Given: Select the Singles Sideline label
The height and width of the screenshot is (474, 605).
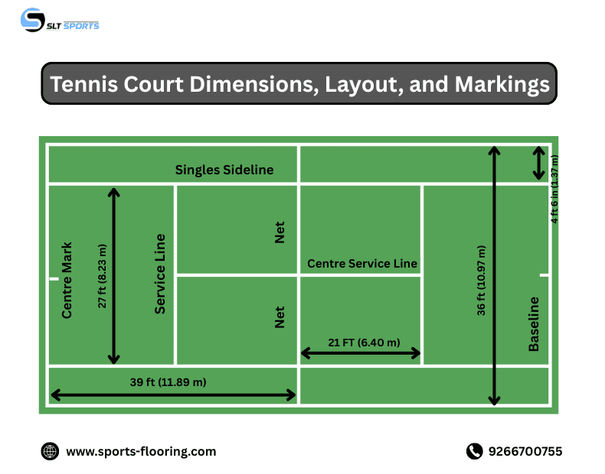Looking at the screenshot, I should pyautogui.click(x=224, y=170).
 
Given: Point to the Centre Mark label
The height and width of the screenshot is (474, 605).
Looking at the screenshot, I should pyautogui.click(x=67, y=281).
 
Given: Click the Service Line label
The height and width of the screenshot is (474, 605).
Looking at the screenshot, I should pyautogui.click(x=160, y=274).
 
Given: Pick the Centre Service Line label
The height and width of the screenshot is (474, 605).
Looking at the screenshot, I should pyautogui.click(x=362, y=264).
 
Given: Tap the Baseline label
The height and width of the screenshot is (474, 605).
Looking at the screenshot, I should pyautogui.click(x=534, y=324).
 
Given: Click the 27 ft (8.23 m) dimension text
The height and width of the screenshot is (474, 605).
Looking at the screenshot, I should pyautogui.click(x=103, y=276).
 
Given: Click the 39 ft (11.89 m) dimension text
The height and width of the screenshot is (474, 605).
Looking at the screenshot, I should pyautogui.click(x=168, y=381).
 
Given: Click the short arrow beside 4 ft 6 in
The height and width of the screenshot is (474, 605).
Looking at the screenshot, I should pyautogui.click(x=539, y=163).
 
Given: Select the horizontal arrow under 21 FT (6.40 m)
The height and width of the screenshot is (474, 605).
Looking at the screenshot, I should pyautogui.click(x=360, y=353).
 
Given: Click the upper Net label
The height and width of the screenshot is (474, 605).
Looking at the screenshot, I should pyautogui.click(x=280, y=233).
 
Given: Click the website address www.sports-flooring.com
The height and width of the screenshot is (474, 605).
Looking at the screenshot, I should pyautogui.click(x=141, y=452).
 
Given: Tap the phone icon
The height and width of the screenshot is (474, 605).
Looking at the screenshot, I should pyautogui.click(x=474, y=452).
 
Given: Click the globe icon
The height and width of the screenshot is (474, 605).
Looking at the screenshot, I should pyautogui.click(x=50, y=452).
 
